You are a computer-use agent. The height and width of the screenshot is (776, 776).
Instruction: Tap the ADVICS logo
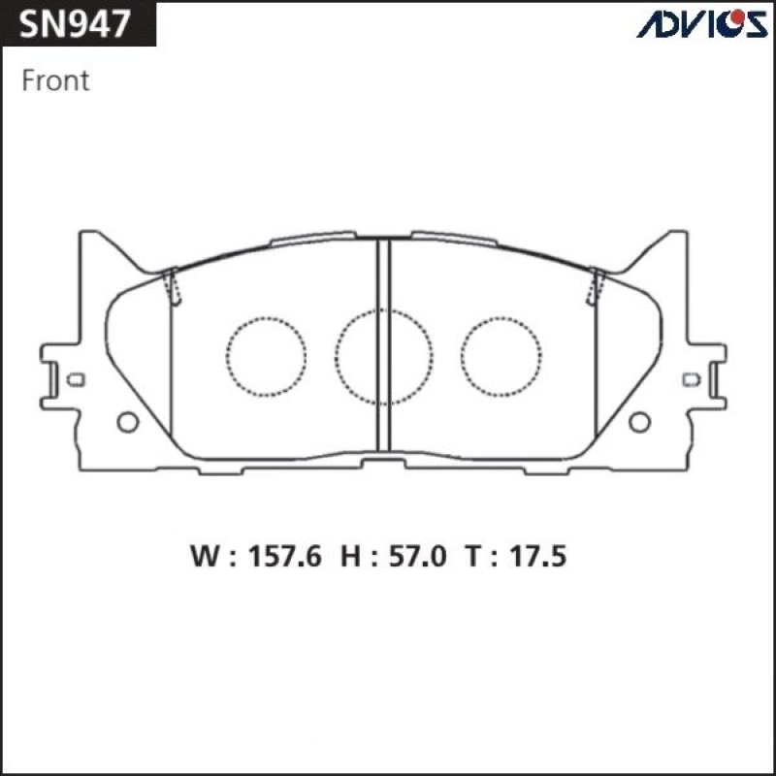[702, 23]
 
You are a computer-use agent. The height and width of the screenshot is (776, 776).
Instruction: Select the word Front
[55, 81]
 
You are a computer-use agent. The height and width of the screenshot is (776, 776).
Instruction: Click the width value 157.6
[285, 556]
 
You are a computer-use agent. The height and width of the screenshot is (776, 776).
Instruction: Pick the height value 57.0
[418, 556]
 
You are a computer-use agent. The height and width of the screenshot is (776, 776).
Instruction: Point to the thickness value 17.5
[538, 556]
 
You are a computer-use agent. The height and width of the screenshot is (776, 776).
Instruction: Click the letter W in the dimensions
[205, 556]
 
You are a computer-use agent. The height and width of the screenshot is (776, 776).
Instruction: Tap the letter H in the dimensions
[350, 556]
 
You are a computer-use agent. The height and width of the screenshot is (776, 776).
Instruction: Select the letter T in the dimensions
[472, 556]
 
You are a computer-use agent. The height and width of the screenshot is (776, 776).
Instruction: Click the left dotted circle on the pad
[266, 318]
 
